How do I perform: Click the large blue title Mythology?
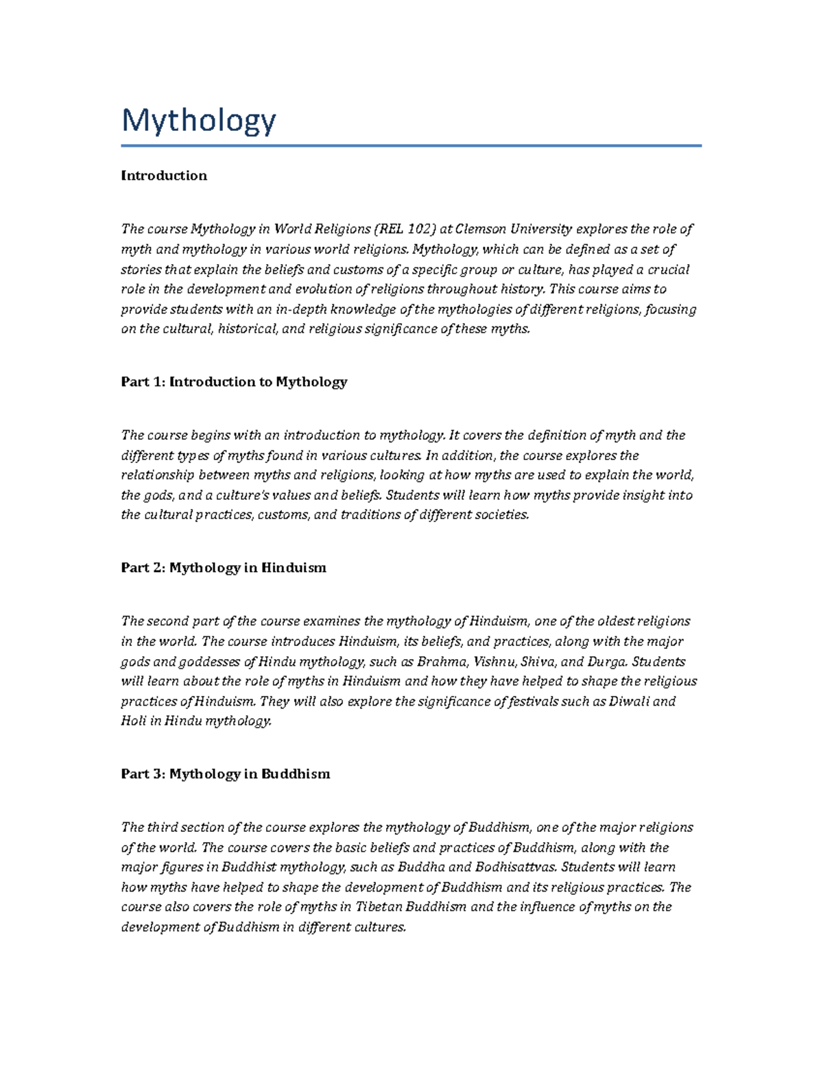(199, 121)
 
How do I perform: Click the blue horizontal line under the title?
(411, 145)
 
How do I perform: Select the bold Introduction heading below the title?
(163, 176)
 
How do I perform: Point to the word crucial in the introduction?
(663, 269)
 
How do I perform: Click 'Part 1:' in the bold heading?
(143, 382)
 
